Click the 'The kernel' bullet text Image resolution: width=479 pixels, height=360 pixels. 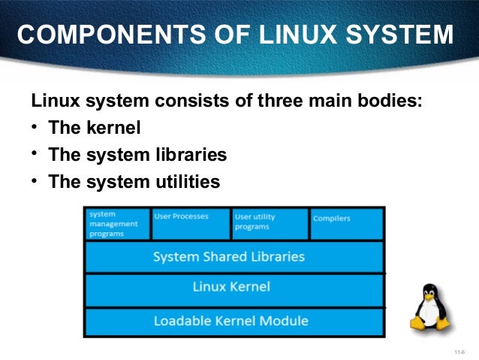pyautogui.click(x=95, y=129)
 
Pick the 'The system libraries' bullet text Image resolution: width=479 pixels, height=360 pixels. pyautogui.click(x=137, y=155)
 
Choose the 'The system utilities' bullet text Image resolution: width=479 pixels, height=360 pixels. pyautogui.click(x=134, y=181)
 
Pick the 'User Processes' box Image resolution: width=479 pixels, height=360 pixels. pyautogui.click(x=191, y=224)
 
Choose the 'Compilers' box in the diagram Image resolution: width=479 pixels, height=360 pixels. pyautogui.click(x=346, y=224)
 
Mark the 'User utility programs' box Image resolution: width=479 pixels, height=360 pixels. pyautogui.click(x=270, y=224)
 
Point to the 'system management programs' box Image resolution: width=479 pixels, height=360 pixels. pyautogui.click(x=117, y=224)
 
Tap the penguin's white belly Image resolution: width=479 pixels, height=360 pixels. pyautogui.click(x=431, y=313)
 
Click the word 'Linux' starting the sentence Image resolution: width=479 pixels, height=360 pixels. pyautogui.click(x=53, y=101)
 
